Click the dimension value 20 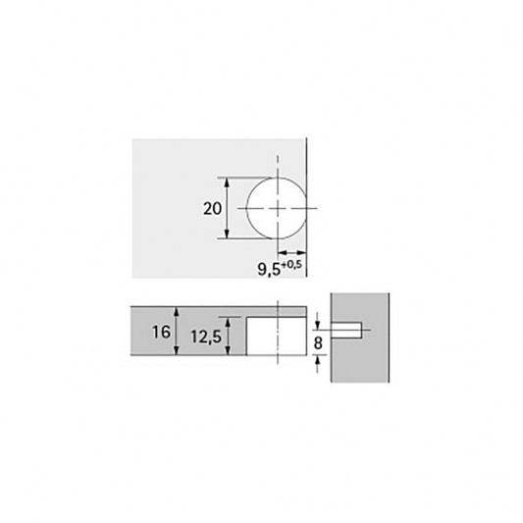tap(213, 209)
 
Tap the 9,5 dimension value tap(269, 269)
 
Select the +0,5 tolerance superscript tap(291, 265)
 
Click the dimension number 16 tap(161, 333)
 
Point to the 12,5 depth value tap(206, 337)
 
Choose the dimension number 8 tap(318, 343)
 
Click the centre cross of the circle tap(278, 208)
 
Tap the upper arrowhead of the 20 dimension tap(227, 183)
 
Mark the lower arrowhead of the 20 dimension tap(227, 234)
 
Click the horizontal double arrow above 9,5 tap(291, 252)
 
